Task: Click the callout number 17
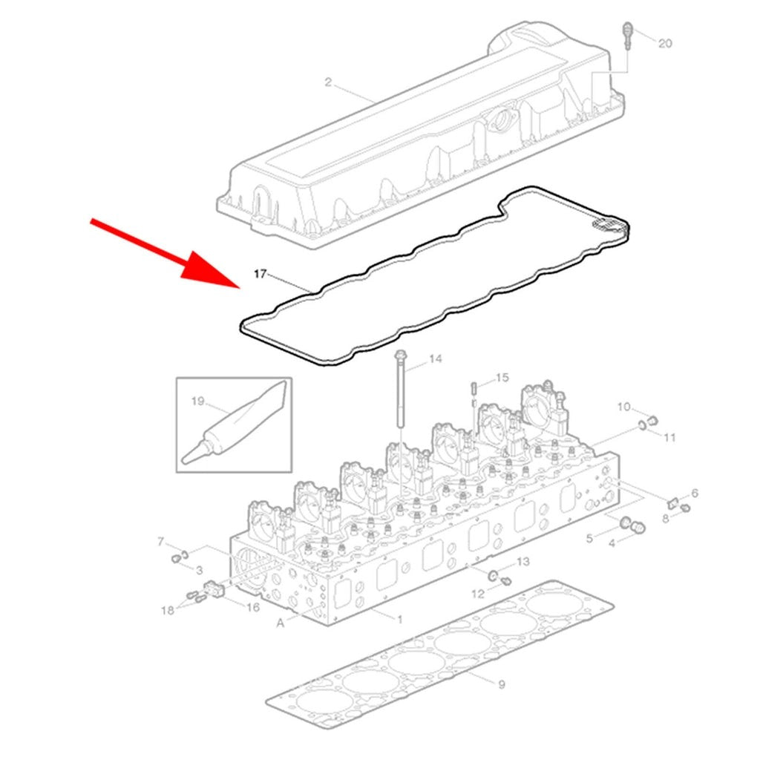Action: (261, 275)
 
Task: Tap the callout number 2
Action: (328, 82)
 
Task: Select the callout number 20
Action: (665, 44)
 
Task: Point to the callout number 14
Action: (435, 358)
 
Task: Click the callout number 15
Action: (502, 377)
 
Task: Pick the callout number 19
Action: (197, 402)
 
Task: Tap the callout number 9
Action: (502, 684)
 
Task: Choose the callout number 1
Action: (400, 619)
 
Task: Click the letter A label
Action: (280, 623)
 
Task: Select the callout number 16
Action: (253, 607)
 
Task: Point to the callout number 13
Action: (523, 562)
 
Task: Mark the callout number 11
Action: (669, 438)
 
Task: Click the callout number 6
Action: (695, 494)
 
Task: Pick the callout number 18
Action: (168, 610)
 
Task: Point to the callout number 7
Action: (161, 541)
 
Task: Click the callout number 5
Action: (589, 539)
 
